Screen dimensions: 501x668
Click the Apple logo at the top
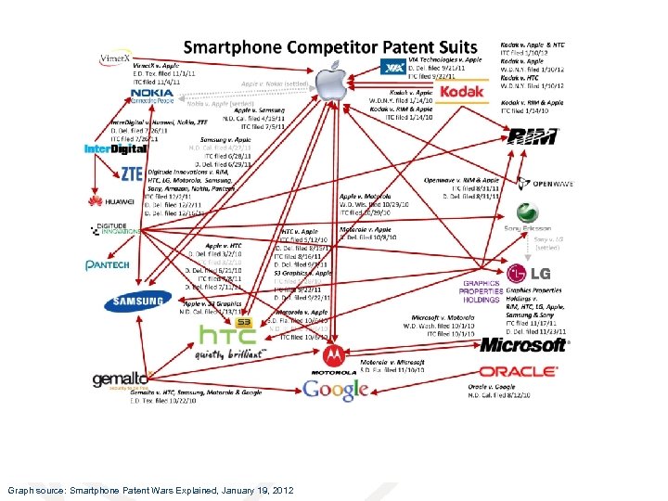tap(328, 82)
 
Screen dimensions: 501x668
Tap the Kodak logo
tap(461, 93)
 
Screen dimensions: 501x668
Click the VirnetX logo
tap(115, 58)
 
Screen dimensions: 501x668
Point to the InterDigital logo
tap(115, 148)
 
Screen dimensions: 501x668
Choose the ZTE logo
tap(131, 173)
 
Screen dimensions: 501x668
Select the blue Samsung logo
tap(137, 301)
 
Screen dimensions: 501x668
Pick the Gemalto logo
tap(120, 379)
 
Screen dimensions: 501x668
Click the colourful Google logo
tap(336, 390)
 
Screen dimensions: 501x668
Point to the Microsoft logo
tap(522, 345)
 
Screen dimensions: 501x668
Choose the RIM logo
tap(533, 136)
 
